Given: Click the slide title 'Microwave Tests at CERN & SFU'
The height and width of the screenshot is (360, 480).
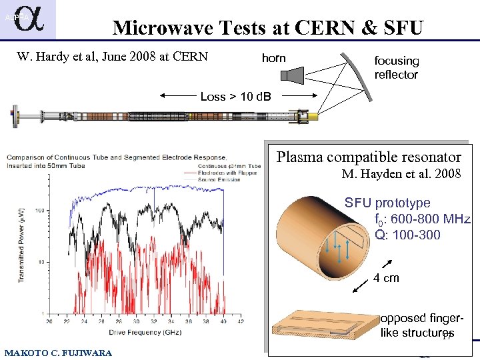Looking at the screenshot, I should point(267,28).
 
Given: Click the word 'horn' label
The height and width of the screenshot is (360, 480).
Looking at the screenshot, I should point(273,58).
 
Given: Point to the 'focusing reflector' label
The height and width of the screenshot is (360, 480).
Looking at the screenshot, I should point(396,68).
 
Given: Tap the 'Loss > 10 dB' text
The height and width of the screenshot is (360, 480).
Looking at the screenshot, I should point(235,97).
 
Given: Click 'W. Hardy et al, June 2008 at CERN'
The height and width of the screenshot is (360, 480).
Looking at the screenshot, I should point(111,57).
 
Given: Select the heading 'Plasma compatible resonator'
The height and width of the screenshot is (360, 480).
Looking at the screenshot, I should point(369,157).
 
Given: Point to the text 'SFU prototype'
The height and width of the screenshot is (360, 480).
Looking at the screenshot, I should point(387,203).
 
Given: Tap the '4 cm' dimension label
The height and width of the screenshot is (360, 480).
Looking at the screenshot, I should point(386,278).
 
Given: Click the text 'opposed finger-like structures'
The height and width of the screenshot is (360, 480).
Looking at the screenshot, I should point(416,325).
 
